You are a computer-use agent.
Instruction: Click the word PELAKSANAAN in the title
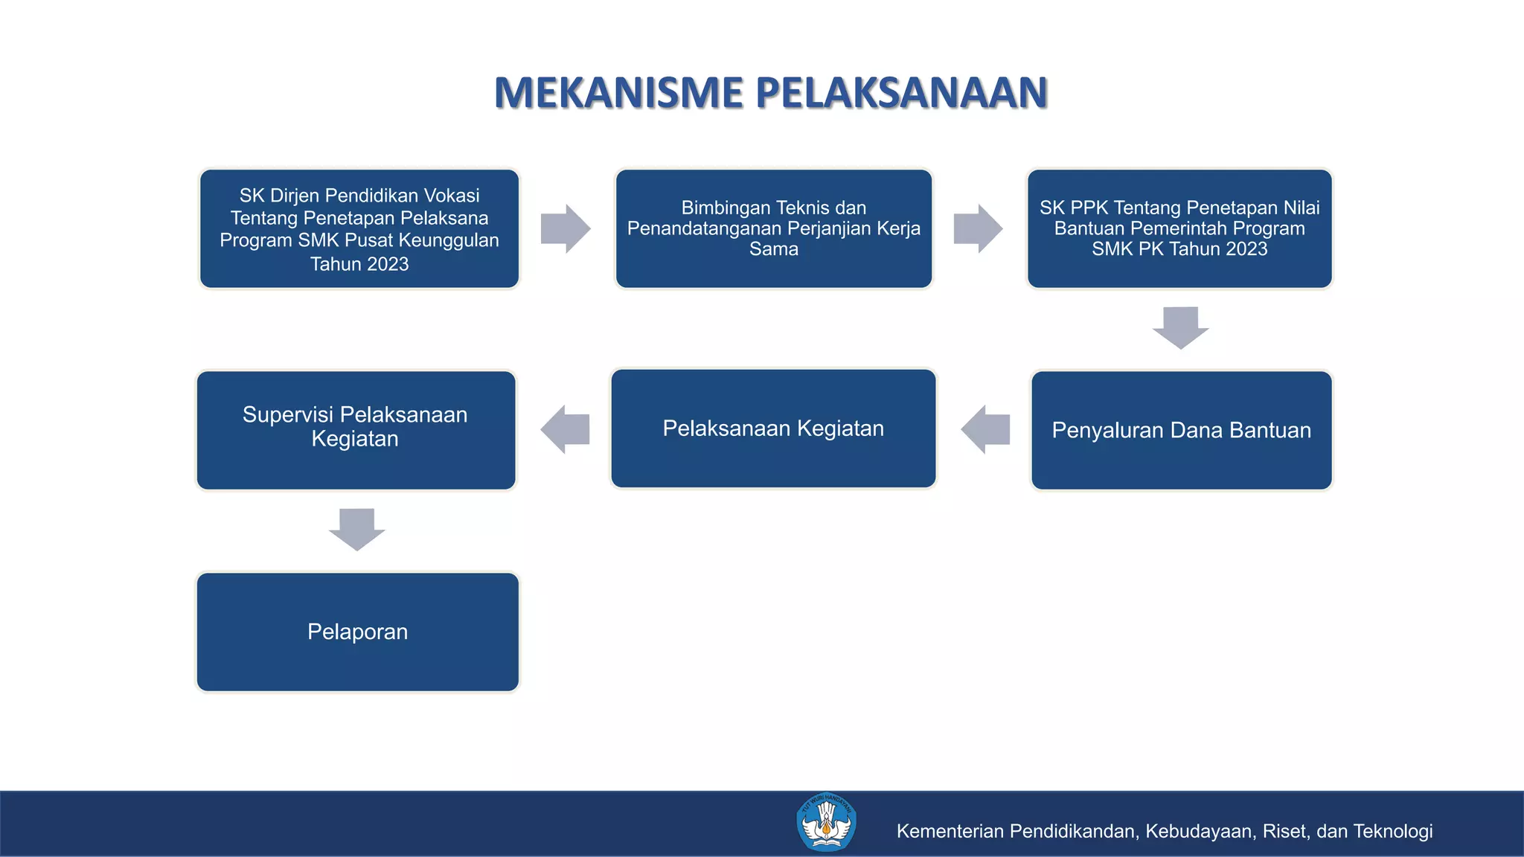click(x=901, y=93)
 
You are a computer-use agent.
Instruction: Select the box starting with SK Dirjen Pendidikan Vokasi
click(x=359, y=228)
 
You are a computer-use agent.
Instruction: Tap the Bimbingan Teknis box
click(x=773, y=228)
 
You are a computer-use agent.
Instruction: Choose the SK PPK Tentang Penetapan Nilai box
click(x=1179, y=228)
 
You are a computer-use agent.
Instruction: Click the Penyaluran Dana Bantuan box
click(x=1181, y=430)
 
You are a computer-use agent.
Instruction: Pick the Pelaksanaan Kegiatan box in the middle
click(x=773, y=428)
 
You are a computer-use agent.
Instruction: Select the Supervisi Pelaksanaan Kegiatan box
click(x=356, y=430)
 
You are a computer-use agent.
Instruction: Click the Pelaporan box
click(x=357, y=632)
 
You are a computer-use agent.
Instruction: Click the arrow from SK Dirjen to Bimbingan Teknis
click(x=566, y=228)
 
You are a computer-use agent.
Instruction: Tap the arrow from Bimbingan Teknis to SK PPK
click(x=978, y=228)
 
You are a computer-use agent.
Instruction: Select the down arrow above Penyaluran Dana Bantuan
click(x=1180, y=327)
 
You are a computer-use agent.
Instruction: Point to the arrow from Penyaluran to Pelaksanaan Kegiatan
click(x=985, y=429)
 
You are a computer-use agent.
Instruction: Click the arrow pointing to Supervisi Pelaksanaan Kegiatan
click(x=566, y=429)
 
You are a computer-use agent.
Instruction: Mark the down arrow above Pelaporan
click(x=357, y=529)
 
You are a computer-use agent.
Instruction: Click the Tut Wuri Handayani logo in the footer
click(x=826, y=823)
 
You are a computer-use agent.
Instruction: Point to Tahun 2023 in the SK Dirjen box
click(x=359, y=264)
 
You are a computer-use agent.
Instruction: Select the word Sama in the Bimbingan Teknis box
click(x=773, y=249)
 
